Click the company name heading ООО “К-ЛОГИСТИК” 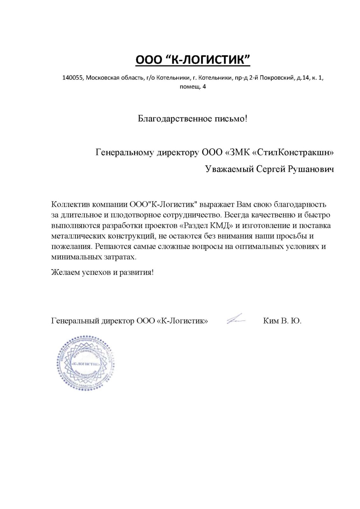pos(193,59)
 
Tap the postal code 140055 pos(72,78)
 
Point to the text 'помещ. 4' pos(193,87)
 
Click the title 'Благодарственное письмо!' pos(192,119)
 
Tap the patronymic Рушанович pos(311,169)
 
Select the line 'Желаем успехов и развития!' pos(102,273)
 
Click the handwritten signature pos(236,319)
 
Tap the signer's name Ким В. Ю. pos(282,321)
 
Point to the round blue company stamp pos(85,363)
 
